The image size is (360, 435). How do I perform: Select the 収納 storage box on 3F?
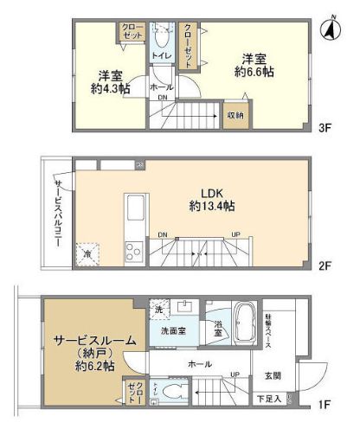pyautogui.click(x=235, y=114)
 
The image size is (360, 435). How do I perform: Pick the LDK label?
pyautogui.click(x=212, y=192)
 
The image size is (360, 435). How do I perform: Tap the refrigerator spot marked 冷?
pyautogui.click(x=87, y=254)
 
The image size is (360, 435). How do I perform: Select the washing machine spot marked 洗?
pyautogui.click(x=158, y=309)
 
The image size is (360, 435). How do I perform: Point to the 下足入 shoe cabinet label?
pyautogui.click(x=268, y=399)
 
